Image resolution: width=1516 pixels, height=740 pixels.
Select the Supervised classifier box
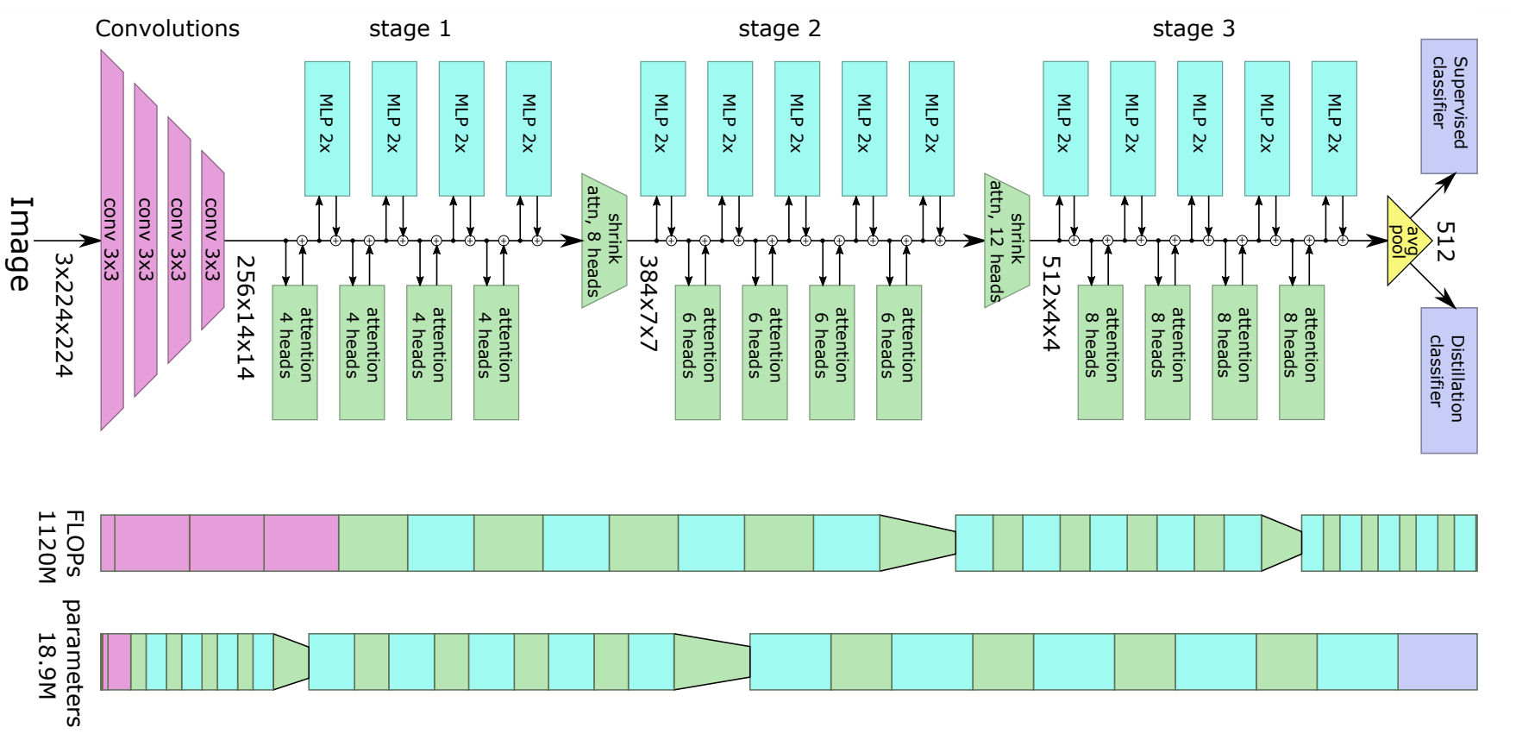point(1449,105)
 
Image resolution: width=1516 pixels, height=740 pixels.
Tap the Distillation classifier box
point(1449,379)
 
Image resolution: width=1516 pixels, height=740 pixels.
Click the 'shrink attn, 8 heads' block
point(604,241)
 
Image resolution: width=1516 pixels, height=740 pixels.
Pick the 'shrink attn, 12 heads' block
point(1006,241)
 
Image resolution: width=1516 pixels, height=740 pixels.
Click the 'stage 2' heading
point(779,29)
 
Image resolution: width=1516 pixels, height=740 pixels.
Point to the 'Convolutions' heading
point(167,29)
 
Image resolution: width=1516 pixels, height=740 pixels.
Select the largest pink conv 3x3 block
point(111,240)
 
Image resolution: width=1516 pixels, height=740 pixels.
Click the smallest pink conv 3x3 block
point(212,240)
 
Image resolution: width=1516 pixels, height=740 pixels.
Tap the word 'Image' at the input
point(21,244)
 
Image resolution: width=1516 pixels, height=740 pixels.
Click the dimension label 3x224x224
point(64,315)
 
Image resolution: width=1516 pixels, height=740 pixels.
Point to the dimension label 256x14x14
point(246,317)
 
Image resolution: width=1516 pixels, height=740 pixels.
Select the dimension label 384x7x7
point(648,304)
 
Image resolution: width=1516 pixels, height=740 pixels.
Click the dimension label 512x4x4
point(1050,303)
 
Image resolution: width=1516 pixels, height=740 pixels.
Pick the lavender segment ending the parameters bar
point(1437,662)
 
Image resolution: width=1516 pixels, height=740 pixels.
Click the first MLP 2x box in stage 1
point(327,128)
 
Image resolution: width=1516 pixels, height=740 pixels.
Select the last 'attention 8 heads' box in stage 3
point(1301,352)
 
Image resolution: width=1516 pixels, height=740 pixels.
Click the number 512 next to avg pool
point(1446,242)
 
